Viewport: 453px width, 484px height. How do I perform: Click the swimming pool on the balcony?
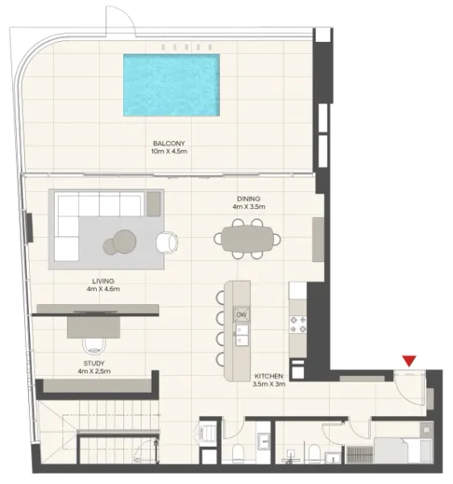tap(172, 85)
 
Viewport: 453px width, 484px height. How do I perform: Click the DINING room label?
tap(247, 198)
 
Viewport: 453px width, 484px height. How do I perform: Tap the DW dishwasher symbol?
tap(241, 314)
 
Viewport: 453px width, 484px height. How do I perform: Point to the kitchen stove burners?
tap(296, 323)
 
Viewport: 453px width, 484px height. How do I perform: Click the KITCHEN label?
tap(268, 377)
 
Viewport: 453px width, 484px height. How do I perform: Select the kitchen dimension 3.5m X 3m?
tap(268, 386)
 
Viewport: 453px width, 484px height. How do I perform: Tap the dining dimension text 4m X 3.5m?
tap(247, 207)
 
